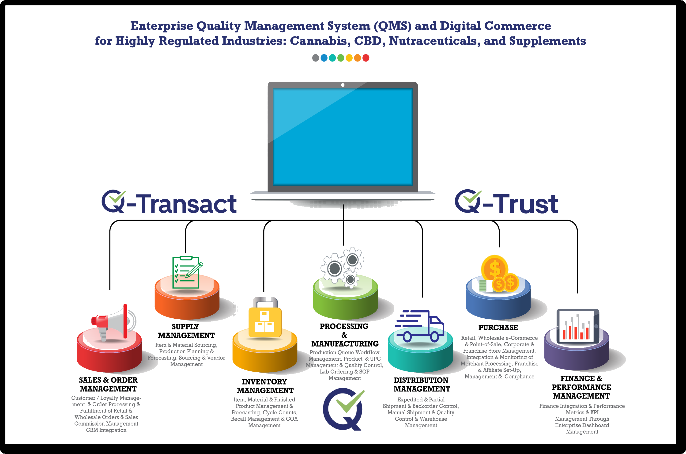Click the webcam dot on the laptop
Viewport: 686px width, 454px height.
click(x=343, y=85)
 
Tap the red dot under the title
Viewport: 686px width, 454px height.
click(x=366, y=58)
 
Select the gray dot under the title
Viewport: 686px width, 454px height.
click(x=316, y=58)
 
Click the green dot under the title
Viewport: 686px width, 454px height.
click(x=341, y=58)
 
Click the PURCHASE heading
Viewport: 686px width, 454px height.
click(x=498, y=328)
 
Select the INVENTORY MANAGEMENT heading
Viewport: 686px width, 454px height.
click(x=265, y=386)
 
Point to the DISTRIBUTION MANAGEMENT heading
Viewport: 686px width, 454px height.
click(x=422, y=385)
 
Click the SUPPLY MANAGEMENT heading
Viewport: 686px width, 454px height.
click(x=186, y=331)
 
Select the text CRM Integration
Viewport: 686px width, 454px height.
click(x=106, y=430)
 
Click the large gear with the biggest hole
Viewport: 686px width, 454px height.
click(x=335, y=269)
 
